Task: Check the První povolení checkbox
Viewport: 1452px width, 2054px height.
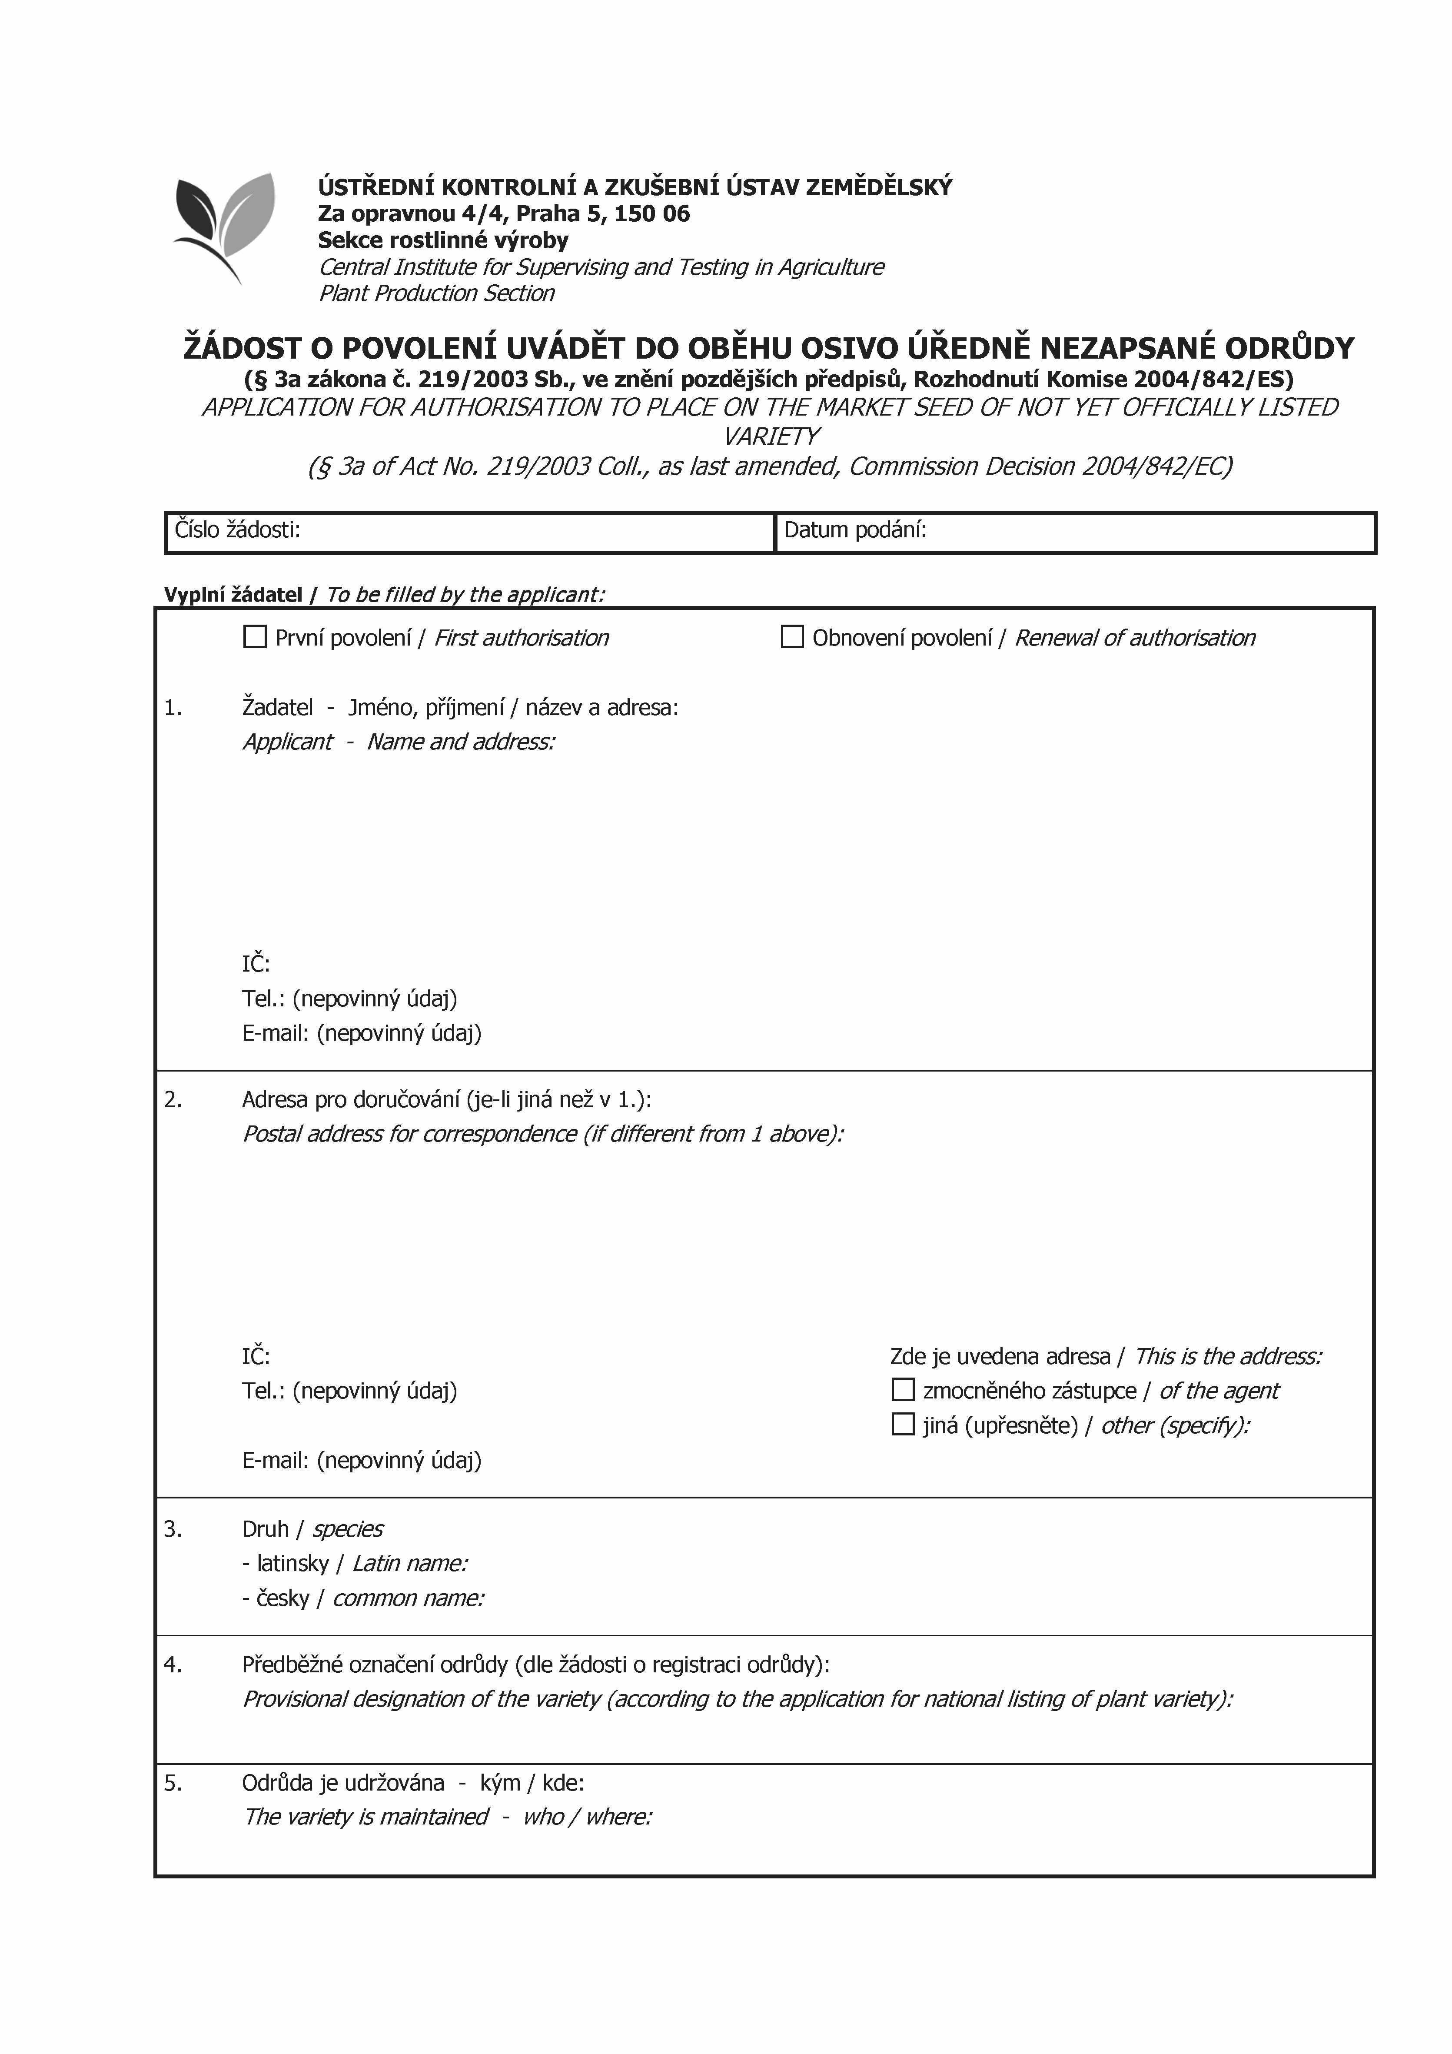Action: coord(255,637)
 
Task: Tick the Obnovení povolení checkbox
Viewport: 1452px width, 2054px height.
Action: coord(792,637)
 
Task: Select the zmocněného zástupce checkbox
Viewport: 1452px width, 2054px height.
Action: coord(903,1389)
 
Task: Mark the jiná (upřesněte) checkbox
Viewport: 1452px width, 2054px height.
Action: coord(903,1423)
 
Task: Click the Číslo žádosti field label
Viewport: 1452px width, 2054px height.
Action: coord(237,529)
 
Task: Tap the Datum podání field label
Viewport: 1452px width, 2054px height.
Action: coord(854,529)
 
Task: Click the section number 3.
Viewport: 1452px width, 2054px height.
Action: coord(173,1529)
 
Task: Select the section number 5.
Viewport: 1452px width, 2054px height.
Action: coord(173,1783)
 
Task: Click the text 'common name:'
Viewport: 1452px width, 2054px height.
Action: coord(408,1598)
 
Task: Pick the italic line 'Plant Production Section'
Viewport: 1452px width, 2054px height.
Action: coord(437,293)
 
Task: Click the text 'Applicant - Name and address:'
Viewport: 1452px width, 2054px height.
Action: coord(398,742)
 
